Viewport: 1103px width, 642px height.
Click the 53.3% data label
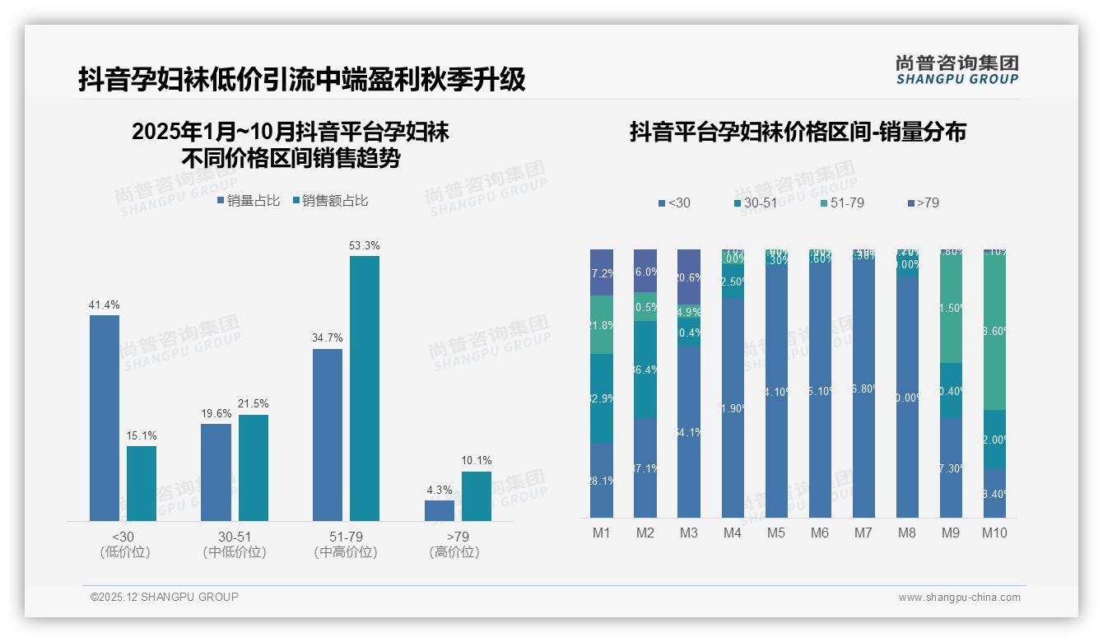[365, 245]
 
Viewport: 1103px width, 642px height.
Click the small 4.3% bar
[440, 510]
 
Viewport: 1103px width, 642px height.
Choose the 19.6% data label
[216, 413]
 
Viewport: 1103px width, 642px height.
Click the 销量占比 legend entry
[248, 201]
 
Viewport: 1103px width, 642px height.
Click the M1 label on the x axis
[602, 533]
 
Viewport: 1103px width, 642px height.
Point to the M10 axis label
[994, 533]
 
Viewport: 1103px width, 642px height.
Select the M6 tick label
[820, 533]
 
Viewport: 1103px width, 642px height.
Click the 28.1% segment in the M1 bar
[602, 481]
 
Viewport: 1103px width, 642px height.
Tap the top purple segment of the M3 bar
[689, 277]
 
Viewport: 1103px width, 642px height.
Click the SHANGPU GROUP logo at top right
[957, 70]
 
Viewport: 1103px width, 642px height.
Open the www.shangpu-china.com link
[959, 598]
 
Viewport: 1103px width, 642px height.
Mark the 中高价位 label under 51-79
[346, 552]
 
